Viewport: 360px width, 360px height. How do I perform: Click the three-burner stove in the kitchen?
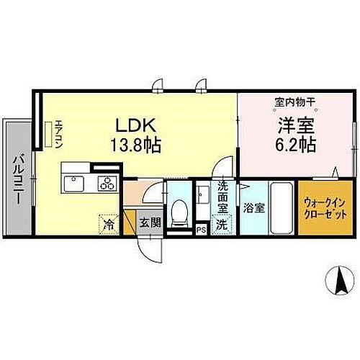107,184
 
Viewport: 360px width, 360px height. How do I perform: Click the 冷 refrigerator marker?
108,224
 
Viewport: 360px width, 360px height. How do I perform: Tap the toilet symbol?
179,212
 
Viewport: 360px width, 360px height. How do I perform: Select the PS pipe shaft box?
200,230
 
